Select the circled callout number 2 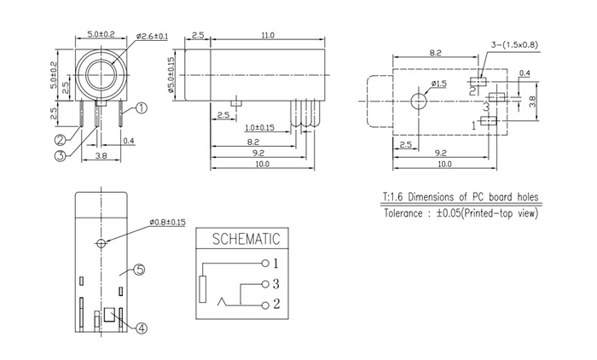coord(61,139)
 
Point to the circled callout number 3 coord(61,155)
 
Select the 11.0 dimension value coord(267,36)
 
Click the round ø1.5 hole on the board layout coord(419,101)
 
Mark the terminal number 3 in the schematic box coord(276,283)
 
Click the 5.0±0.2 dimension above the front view coord(102,34)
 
